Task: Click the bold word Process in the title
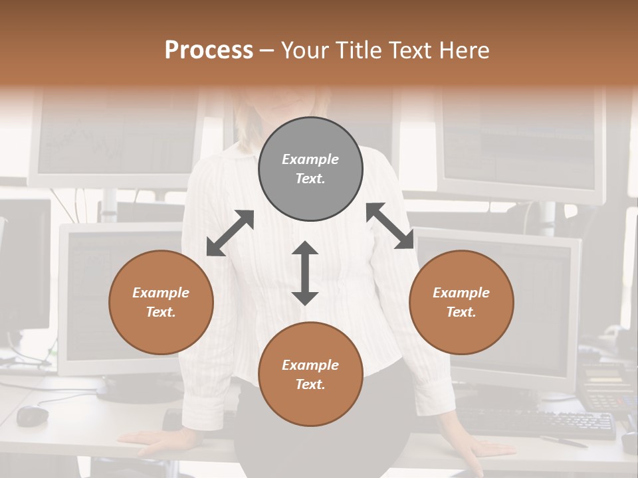(209, 50)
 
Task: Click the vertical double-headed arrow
(305, 273)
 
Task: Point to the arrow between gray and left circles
(230, 233)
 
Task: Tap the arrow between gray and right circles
(390, 226)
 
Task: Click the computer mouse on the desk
(32, 416)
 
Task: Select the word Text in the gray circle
(310, 179)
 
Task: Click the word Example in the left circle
(161, 293)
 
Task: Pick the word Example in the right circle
(461, 293)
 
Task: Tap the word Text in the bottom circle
(310, 384)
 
